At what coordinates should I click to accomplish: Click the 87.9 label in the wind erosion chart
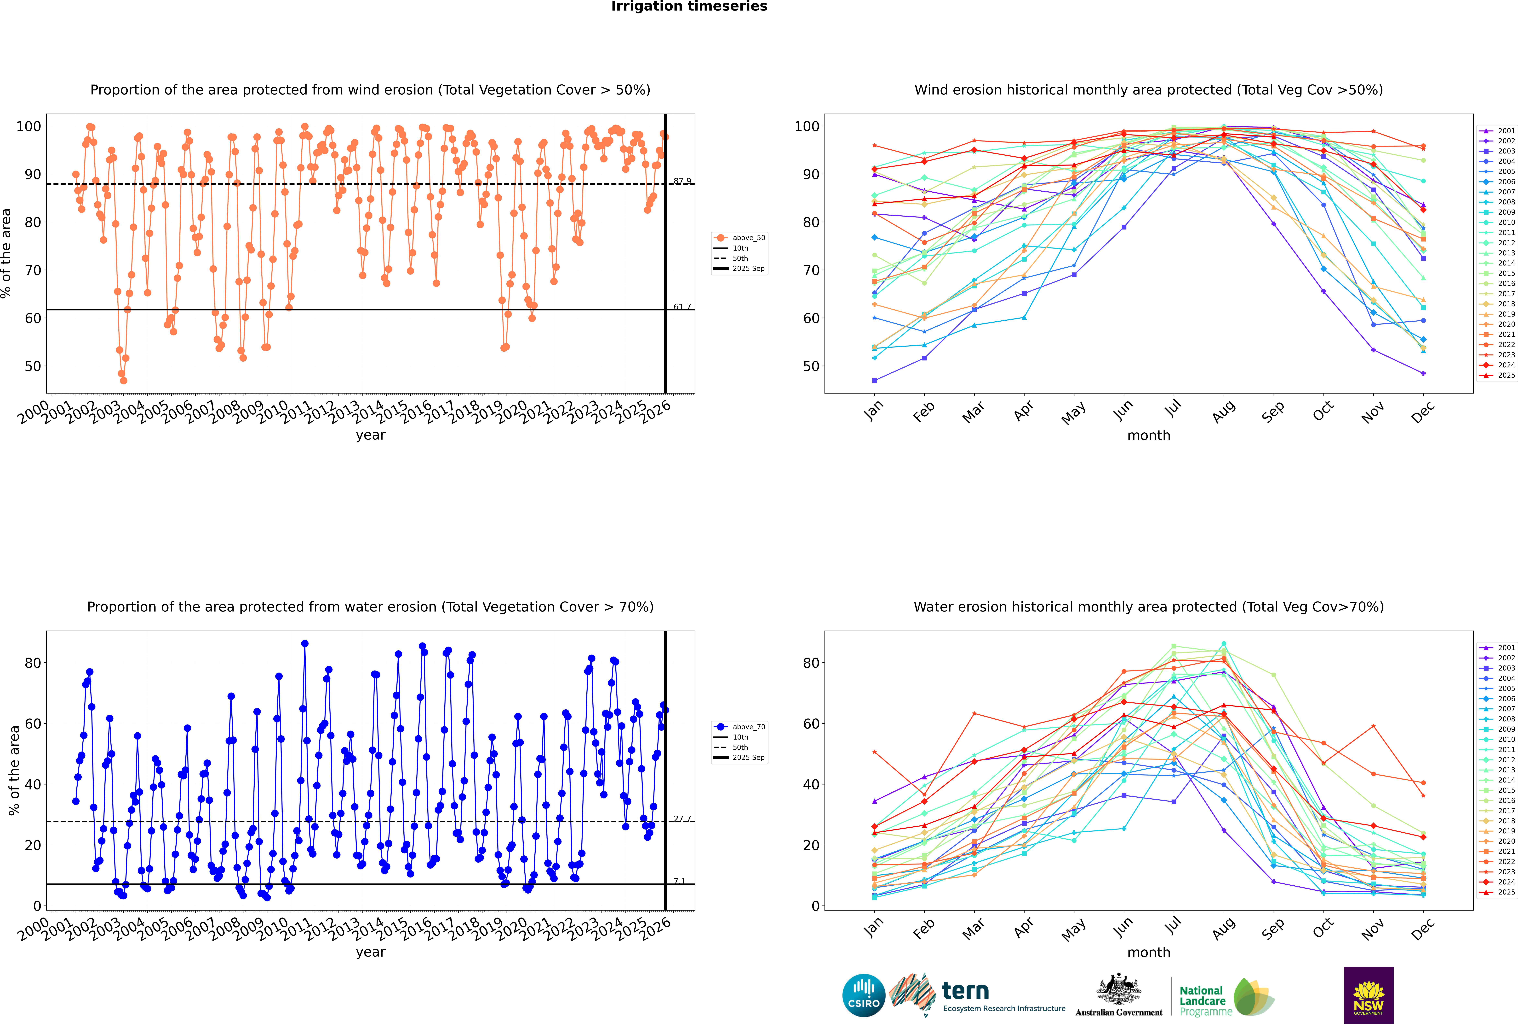682,181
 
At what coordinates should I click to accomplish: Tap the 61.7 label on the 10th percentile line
682,307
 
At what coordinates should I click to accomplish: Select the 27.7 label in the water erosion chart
682,819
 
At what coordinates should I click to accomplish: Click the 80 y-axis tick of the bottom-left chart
33,663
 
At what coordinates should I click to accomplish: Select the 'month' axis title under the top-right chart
1149,436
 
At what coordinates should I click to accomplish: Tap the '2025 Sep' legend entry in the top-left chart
748,268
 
